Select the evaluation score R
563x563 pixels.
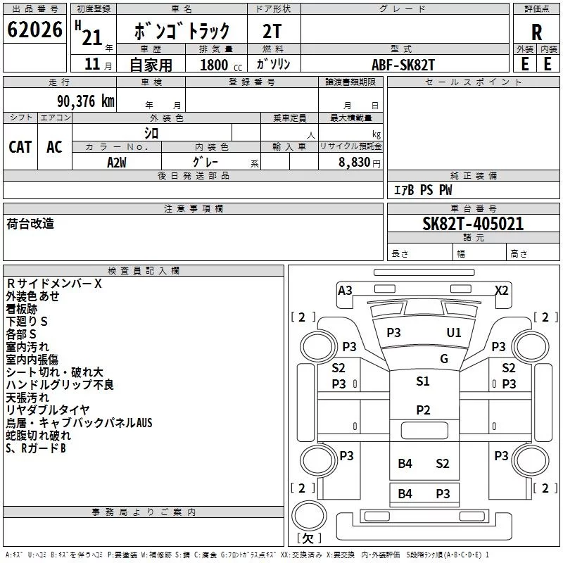[x=536, y=32]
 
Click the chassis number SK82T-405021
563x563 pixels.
[x=473, y=224]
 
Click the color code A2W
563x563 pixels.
[x=117, y=162]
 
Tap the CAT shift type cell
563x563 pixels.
[x=20, y=147]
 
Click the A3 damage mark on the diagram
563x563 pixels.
[x=345, y=291]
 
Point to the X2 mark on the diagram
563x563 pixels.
[x=502, y=291]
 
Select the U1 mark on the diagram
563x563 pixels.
[x=454, y=332]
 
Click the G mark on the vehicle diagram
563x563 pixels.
[x=444, y=359]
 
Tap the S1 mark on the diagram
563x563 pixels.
[x=423, y=381]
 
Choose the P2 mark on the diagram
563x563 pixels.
[x=423, y=410]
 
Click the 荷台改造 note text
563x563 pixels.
[x=30, y=224]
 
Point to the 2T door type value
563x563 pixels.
[x=272, y=31]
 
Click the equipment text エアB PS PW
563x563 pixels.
[x=423, y=190]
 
